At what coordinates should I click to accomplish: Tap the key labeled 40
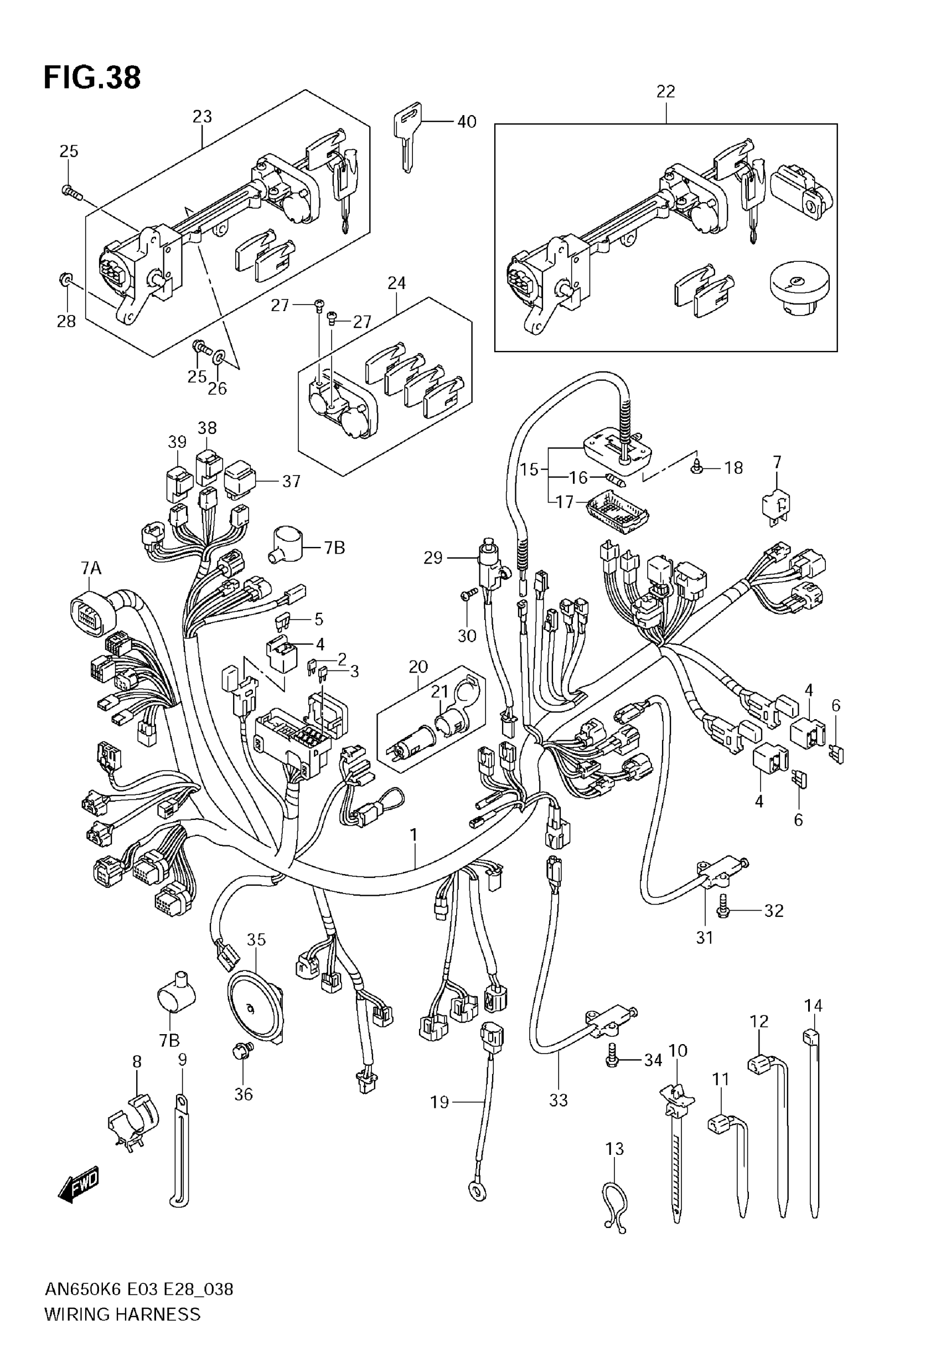(x=407, y=133)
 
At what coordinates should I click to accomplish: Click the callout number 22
(x=666, y=92)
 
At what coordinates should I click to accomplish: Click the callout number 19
(x=440, y=1102)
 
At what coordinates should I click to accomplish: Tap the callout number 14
(x=814, y=1005)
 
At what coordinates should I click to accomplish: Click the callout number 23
(x=202, y=117)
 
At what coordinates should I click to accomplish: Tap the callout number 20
(x=418, y=667)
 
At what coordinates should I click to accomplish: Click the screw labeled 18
(x=697, y=469)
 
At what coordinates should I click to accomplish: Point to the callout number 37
(x=291, y=482)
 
